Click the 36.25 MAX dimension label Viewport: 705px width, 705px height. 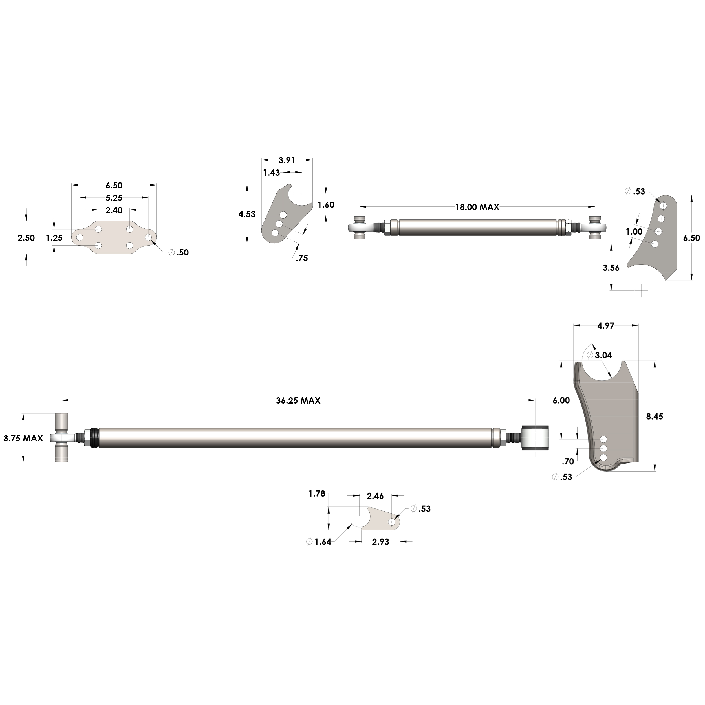click(x=298, y=401)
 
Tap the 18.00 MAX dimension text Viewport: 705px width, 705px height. click(x=477, y=207)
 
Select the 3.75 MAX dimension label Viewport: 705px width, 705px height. click(x=23, y=438)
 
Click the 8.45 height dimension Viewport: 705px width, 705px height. click(x=654, y=416)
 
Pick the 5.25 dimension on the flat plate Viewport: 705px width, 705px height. click(x=114, y=198)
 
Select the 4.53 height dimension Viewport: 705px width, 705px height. click(x=247, y=214)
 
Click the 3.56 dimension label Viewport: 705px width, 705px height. click(x=611, y=268)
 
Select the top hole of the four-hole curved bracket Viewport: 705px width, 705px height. click(x=663, y=206)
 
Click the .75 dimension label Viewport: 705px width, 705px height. click(x=302, y=258)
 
